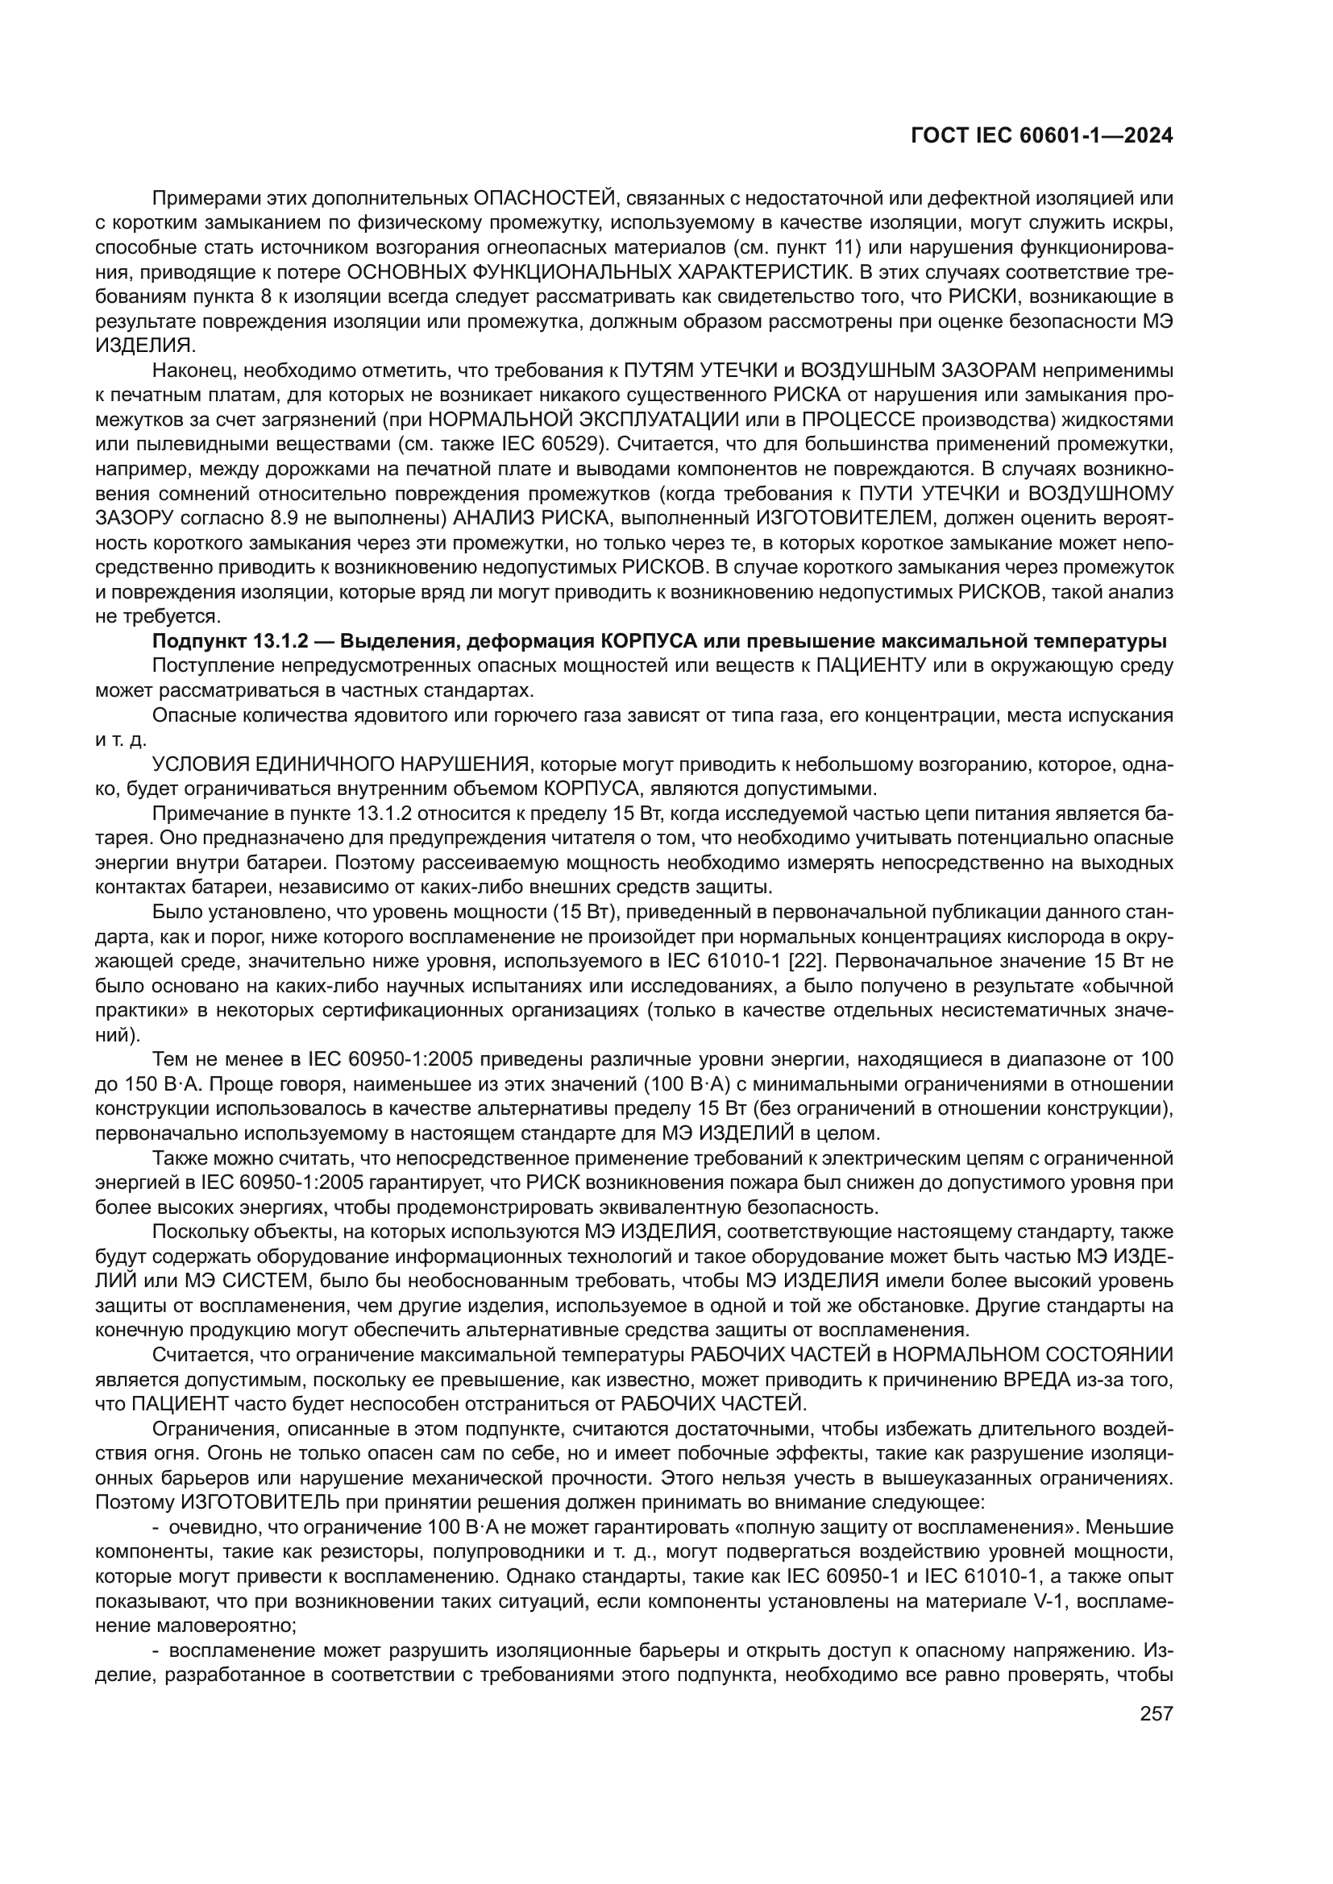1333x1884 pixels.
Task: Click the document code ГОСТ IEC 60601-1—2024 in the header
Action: [x=1041, y=136]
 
